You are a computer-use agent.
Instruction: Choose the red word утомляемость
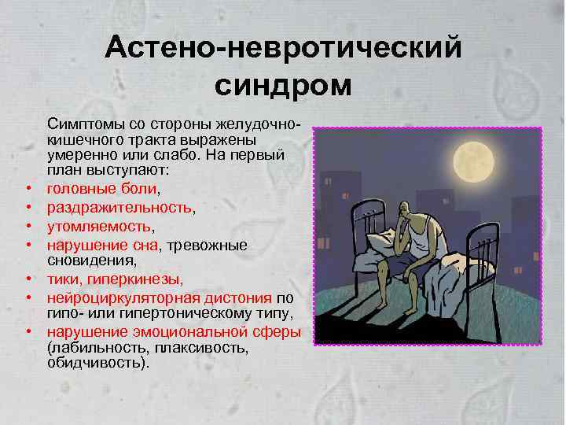click(x=98, y=226)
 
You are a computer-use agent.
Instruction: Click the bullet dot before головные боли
click(x=28, y=190)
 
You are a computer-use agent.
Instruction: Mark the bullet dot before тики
click(x=28, y=279)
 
